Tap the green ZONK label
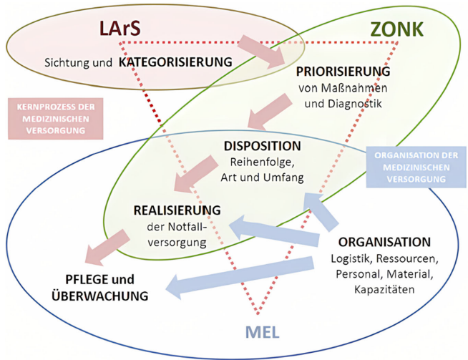[397, 29]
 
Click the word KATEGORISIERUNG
[176, 62]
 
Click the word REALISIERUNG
[177, 211]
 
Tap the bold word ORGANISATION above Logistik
[385, 242]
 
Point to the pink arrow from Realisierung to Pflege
[104, 250]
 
